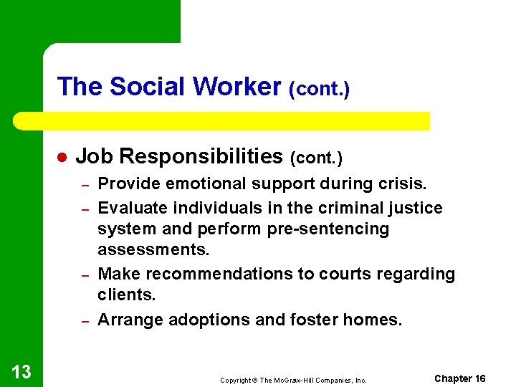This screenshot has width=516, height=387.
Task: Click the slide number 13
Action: click(21, 371)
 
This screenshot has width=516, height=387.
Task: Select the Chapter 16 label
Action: click(460, 378)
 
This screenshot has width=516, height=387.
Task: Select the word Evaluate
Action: click(130, 208)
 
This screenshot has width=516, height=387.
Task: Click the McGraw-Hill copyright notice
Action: click(293, 381)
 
